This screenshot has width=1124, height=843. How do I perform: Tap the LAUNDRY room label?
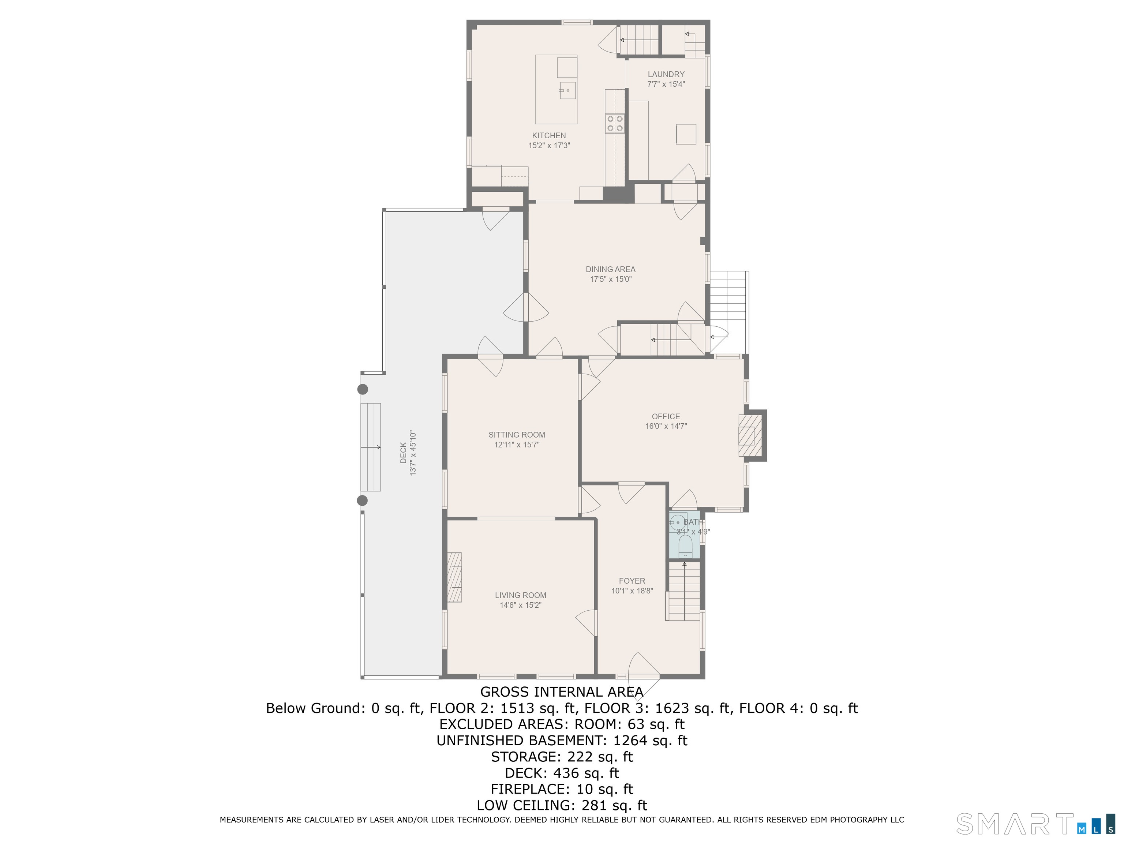pyautogui.click(x=666, y=74)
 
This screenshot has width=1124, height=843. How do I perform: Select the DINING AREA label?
pyautogui.click(x=610, y=269)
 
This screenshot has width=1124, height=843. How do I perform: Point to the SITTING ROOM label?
pyautogui.click(x=517, y=435)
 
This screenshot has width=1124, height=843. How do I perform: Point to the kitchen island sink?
pyautogui.click(x=567, y=90)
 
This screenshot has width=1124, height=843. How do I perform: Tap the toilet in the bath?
pyautogui.click(x=685, y=547)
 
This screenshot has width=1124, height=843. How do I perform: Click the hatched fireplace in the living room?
pyautogui.click(x=454, y=578)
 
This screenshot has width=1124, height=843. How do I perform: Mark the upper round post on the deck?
pyautogui.click(x=362, y=389)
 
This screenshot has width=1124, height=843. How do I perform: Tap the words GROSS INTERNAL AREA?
pyautogui.click(x=562, y=692)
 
